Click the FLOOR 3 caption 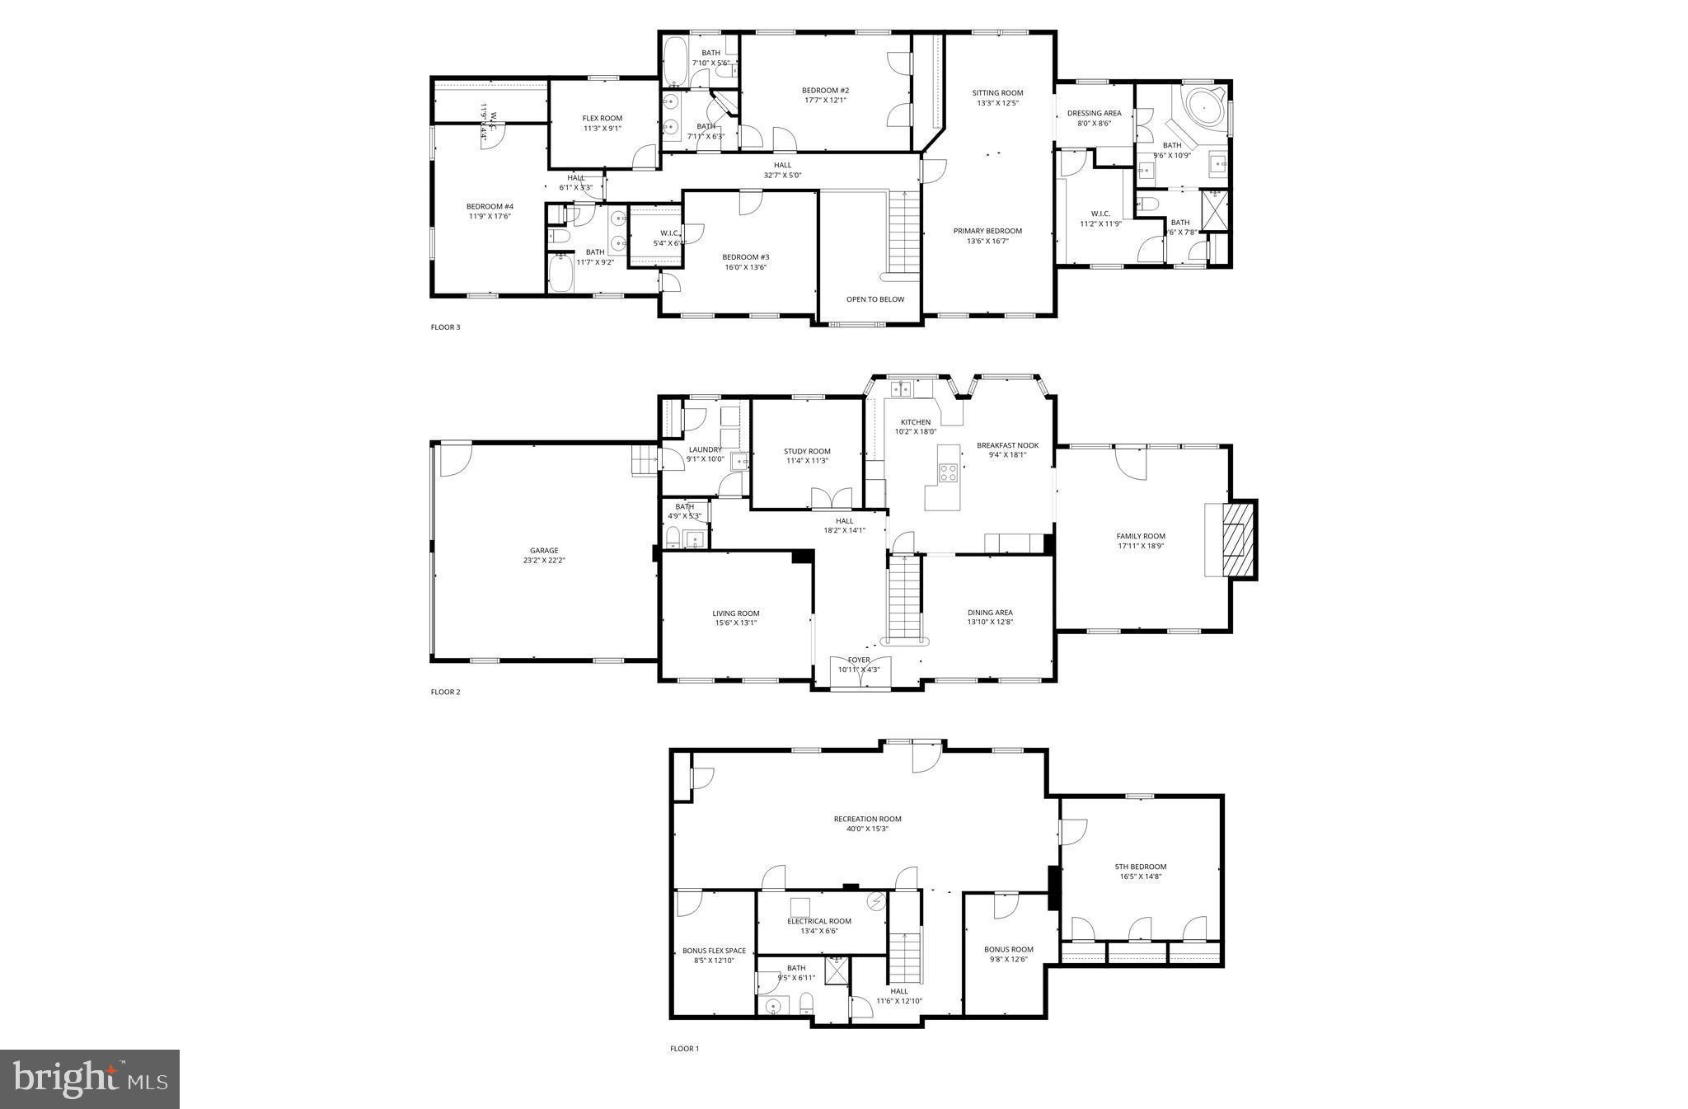(445, 327)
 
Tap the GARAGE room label (544, 551)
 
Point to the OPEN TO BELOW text (874, 299)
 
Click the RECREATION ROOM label (867, 819)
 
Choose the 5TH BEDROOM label (1140, 867)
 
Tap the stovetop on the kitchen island (948, 472)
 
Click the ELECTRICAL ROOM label (818, 921)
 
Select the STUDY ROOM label (807, 451)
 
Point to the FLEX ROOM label (602, 118)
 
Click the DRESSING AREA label (1094, 113)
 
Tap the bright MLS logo (91, 1079)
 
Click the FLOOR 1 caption (684, 1049)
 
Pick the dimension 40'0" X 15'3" (867, 829)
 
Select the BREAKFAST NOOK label (1007, 445)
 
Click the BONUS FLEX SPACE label (714, 951)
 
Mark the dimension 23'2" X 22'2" (544, 561)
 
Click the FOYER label (859, 660)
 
